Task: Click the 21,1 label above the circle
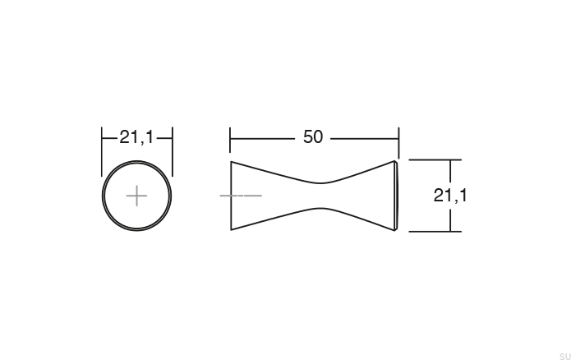[136, 137]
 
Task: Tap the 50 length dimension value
[313, 137]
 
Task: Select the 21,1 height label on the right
[450, 196]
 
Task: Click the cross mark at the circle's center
[136, 196]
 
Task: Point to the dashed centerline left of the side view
[241, 196]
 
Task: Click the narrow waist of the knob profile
[320, 196]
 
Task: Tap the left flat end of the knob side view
[231, 196]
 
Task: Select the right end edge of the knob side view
[398, 196]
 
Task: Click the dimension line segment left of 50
[263, 138]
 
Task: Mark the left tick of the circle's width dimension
[102, 138]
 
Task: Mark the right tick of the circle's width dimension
[173, 138]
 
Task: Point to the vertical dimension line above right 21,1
[450, 172]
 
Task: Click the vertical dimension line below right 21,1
[450, 219]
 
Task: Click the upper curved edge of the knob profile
[279, 173]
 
